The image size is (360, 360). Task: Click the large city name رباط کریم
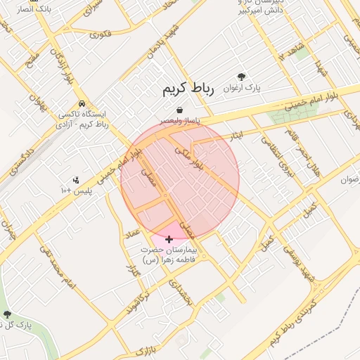178,89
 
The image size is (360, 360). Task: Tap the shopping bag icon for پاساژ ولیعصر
180,110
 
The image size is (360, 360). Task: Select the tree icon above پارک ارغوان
242,77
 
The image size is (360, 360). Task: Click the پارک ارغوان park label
242,89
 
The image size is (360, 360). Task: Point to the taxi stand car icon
83,101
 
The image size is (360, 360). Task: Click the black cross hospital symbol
169,239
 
